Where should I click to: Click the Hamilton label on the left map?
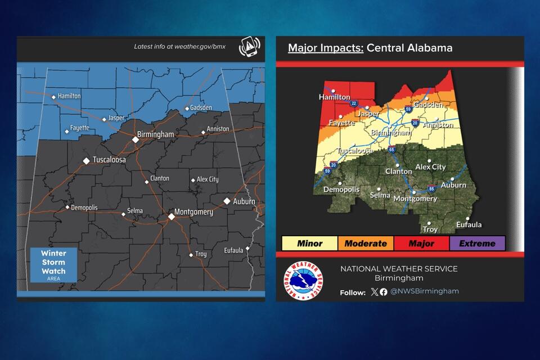(x=69, y=96)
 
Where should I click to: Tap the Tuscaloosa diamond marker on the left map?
(x=86, y=160)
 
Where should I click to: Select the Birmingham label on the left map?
(x=156, y=135)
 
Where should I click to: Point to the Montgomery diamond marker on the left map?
(x=172, y=216)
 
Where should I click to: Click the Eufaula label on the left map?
(x=233, y=250)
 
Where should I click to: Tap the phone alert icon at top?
(x=249, y=47)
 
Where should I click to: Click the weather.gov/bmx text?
(x=179, y=47)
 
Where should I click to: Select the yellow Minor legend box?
(x=309, y=244)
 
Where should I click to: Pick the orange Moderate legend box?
(x=366, y=244)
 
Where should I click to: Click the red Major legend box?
(x=421, y=244)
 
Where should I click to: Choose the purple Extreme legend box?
(x=477, y=244)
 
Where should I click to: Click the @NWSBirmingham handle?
(x=425, y=291)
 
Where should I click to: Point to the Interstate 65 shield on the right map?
(x=391, y=150)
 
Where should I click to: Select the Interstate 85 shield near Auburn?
(x=431, y=188)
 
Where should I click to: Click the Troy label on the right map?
(x=430, y=229)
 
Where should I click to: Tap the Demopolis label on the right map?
(x=341, y=190)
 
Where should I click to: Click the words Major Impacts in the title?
(x=325, y=48)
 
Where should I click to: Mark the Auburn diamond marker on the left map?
(x=227, y=201)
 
